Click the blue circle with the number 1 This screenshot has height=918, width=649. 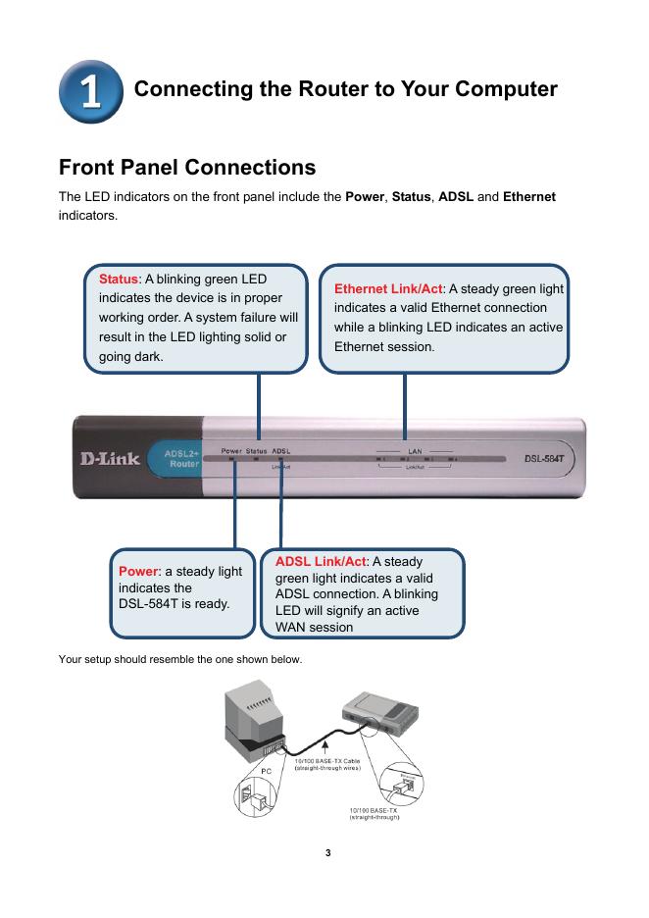[x=89, y=89]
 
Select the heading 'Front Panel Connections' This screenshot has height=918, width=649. [x=187, y=167]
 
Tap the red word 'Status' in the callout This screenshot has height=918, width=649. [x=119, y=279]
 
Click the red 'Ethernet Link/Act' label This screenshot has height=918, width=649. [x=389, y=288]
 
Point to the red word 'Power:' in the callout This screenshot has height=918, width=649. [x=139, y=571]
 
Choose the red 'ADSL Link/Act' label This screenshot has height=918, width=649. [x=321, y=561]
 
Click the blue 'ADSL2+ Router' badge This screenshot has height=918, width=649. [x=174, y=458]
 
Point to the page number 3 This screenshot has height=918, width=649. [x=328, y=851]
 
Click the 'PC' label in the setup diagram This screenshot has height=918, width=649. [x=265, y=772]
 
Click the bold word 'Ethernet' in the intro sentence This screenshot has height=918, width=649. [x=528, y=197]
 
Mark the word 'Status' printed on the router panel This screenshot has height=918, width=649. [x=256, y=451]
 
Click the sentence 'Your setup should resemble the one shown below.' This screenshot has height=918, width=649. [x=180, y=658]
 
